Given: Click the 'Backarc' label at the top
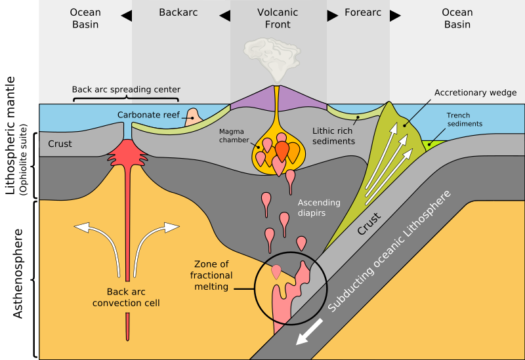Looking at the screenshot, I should [178, 12].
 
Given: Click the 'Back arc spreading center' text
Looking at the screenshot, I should [126, 89].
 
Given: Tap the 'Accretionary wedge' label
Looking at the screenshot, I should [475, 92].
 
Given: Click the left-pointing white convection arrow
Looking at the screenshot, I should [92, 230].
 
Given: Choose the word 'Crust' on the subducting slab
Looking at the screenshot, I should [371, 223].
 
